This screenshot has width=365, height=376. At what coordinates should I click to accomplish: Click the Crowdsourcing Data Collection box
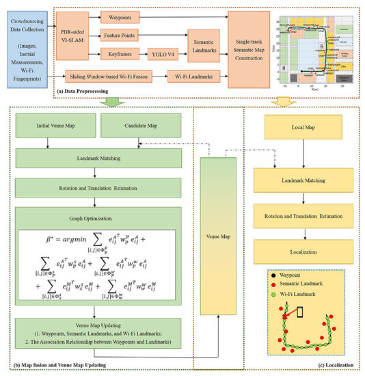point(28,42)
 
